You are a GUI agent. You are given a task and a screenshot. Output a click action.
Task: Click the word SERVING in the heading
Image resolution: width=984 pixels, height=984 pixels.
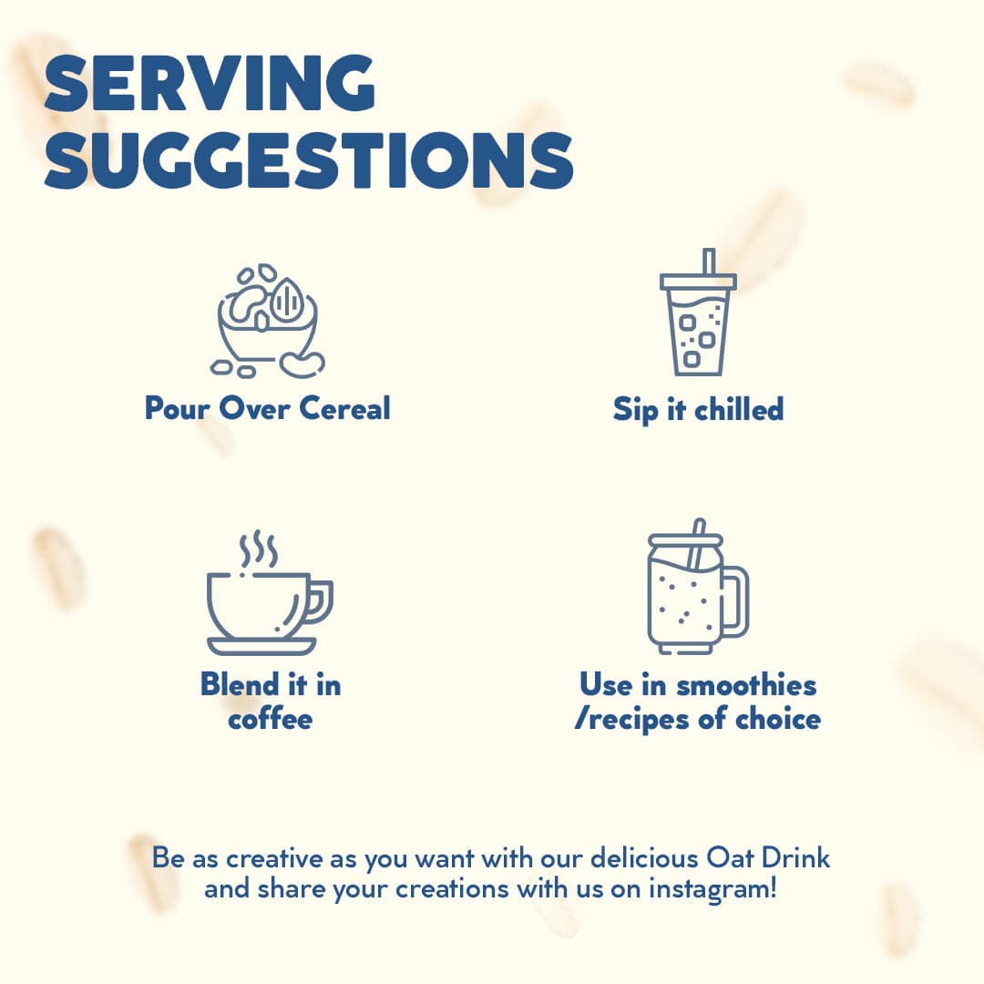tap(210, 83)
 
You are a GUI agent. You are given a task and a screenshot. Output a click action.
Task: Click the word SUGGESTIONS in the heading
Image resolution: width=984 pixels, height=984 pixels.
tap(309, 159)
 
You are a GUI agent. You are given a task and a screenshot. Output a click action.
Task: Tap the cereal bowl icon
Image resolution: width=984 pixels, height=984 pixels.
tap(268, 321)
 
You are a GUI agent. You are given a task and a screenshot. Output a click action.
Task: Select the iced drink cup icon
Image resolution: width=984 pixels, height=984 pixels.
tap(698, 312)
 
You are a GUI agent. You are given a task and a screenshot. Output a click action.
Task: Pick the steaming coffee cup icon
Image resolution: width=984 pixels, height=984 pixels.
tap(270, 593)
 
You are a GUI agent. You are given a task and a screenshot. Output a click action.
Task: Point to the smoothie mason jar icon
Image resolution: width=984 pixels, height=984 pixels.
tap(698, 586)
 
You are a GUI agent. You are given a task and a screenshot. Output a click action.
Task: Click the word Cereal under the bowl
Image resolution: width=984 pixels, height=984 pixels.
tap(344, 408)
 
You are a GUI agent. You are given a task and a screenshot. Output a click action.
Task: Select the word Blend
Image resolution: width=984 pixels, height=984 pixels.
tap(240, 684)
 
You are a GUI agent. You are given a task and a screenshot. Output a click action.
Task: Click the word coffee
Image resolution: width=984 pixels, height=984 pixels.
tap(270, 719)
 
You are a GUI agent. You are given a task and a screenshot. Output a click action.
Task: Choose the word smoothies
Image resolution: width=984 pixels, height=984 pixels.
tap(746, 684)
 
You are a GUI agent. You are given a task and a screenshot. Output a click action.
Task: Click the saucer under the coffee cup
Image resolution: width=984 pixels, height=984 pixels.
tap(261, 646)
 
